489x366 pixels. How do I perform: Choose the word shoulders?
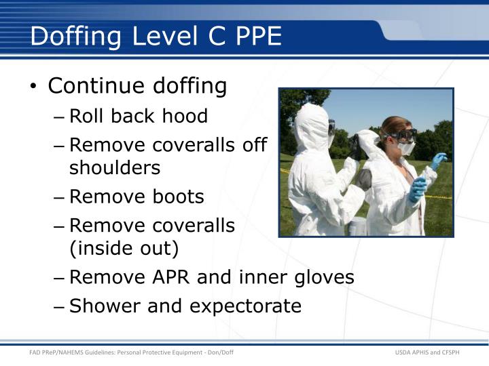click(x=115, y=167)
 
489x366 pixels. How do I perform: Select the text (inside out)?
click(x=124, y=249)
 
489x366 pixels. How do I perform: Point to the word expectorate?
click(x=245, y=306)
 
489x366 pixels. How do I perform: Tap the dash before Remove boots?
click(x=60, y=197)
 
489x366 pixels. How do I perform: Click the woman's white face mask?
click(x=405, y=148)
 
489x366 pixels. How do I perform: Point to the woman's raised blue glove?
click(x=439, y=161)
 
